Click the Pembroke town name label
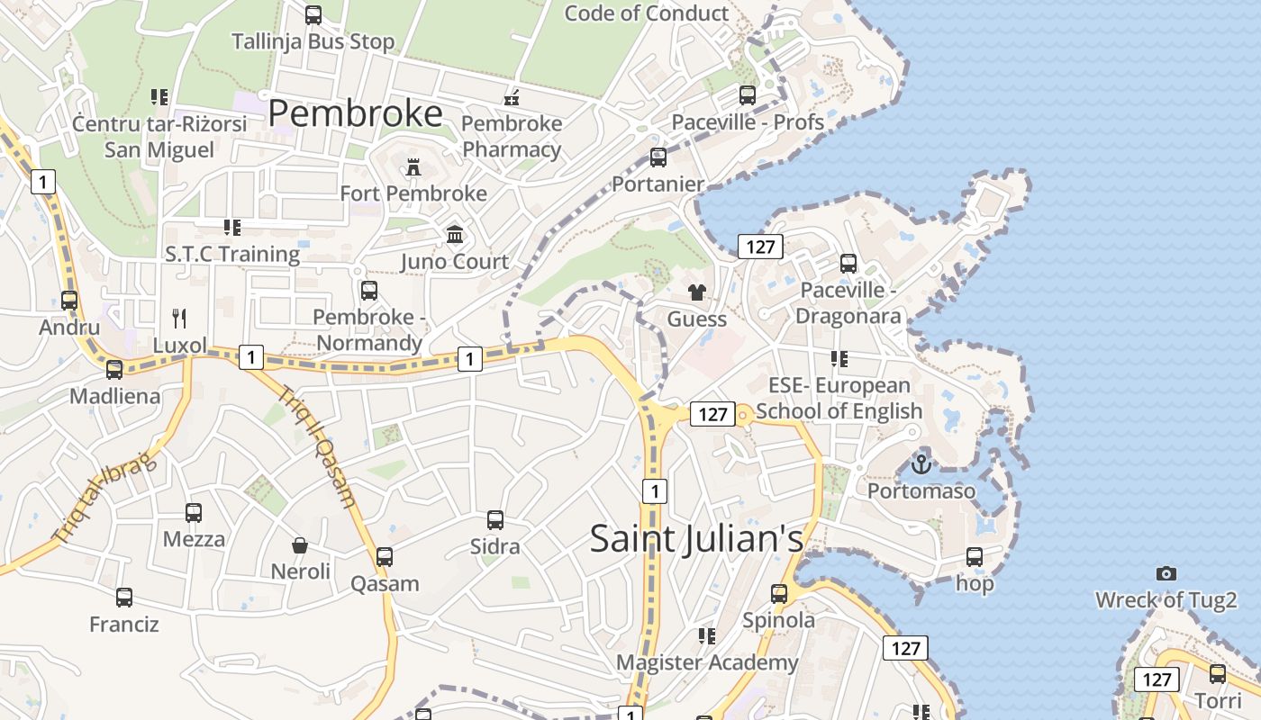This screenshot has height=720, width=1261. (356, 113)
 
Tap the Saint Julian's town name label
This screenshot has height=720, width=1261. (696, 538)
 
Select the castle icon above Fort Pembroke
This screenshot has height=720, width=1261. (413, 167)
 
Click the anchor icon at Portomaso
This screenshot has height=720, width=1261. (921, 464)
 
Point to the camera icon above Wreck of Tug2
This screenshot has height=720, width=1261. (1166, 573)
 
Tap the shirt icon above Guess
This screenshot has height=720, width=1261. (696, 292)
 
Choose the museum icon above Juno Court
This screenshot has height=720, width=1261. (455, 235)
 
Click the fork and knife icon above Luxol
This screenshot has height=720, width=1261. (179, 318)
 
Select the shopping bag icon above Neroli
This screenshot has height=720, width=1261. (300, 545)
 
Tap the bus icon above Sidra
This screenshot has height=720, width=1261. (494, 520)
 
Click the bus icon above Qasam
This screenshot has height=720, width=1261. (385, 557)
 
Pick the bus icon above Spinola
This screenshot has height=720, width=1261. (778, 594)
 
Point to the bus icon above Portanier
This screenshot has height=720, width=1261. (658, 157)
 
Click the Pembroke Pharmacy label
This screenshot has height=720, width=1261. (512, 137)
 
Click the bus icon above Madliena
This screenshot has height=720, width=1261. (114, 370)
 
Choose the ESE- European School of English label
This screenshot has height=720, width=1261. (839, 398)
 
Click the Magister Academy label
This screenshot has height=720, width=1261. (707, 662)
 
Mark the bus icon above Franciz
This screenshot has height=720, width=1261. (124, 598)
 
